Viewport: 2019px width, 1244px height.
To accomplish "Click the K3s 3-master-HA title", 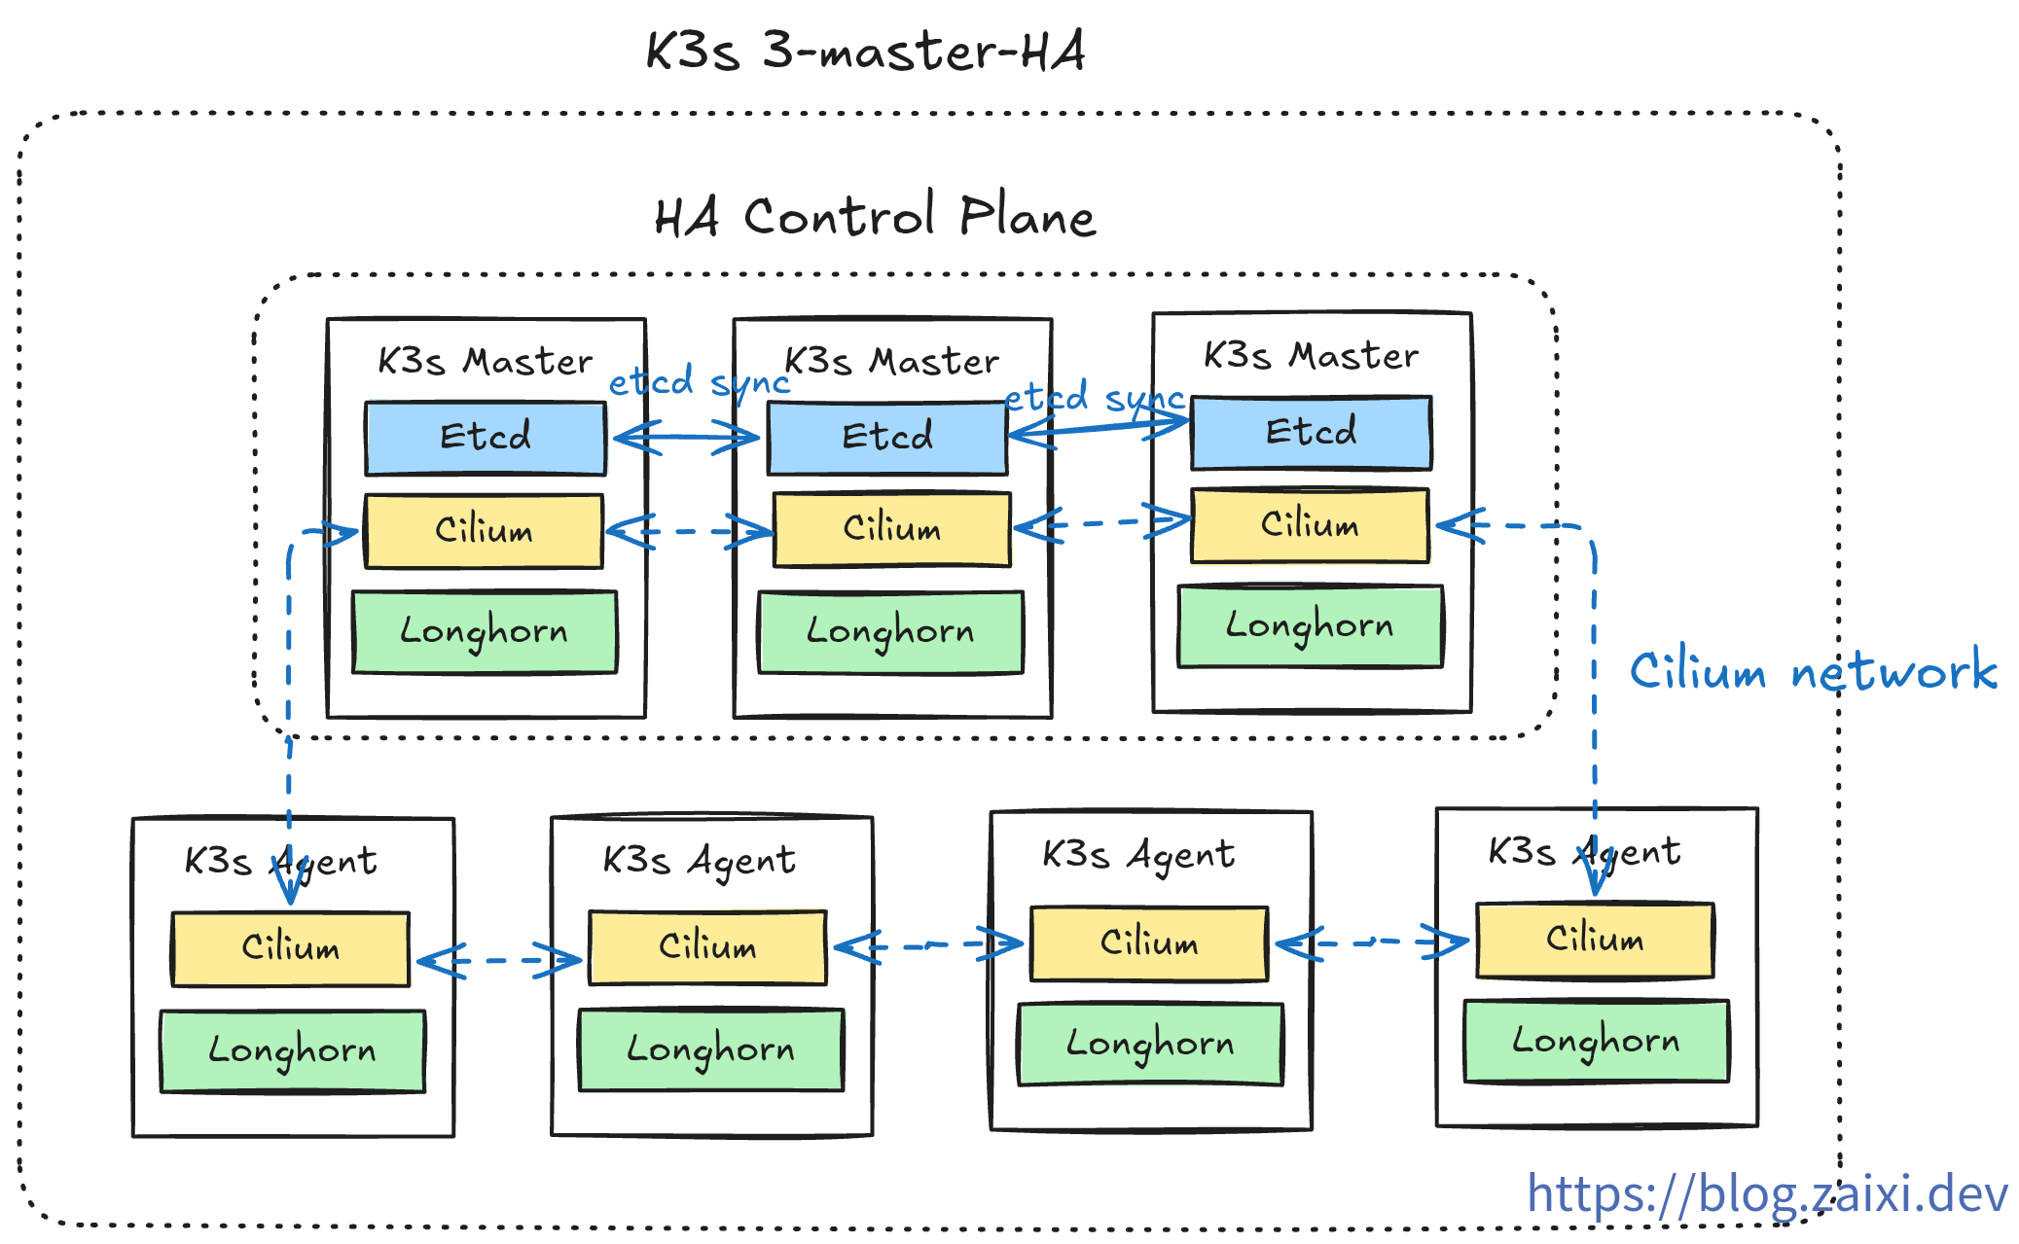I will point(865,51).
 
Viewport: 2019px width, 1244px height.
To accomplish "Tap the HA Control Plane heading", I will point(875,216).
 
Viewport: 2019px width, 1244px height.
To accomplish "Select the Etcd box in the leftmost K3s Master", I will point(486,437).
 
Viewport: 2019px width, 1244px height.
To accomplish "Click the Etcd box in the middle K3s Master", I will point(887,437).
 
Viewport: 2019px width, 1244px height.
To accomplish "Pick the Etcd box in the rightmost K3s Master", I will point(1311,432).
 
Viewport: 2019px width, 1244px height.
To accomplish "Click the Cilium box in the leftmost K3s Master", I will point(484,531).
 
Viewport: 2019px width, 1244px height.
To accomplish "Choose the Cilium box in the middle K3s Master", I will point(891,529).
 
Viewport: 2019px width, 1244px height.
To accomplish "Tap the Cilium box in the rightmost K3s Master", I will point(1310,525).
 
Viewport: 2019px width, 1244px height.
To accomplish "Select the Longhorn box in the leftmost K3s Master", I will point(484,631).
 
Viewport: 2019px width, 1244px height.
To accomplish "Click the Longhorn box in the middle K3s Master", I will point(890,631).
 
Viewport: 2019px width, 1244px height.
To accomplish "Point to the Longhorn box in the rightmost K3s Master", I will point(1310,625).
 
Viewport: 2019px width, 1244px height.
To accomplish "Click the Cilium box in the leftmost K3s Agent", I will point(290,948).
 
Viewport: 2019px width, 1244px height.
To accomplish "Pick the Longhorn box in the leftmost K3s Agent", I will point(292,1050).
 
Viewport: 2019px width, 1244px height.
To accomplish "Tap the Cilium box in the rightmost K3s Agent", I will point(1595,940).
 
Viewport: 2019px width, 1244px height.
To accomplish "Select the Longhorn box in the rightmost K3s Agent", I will point(1596,1041).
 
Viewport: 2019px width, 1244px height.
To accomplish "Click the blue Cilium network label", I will point(1813,671).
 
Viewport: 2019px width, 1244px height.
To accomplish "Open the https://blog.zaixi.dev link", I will point(1767,1193).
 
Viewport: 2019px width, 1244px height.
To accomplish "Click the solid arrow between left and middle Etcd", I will point(687,437).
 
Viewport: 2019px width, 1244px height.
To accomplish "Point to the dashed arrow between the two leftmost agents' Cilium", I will point(499,961).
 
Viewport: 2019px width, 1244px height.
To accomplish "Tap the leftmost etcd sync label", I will point(699,381).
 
